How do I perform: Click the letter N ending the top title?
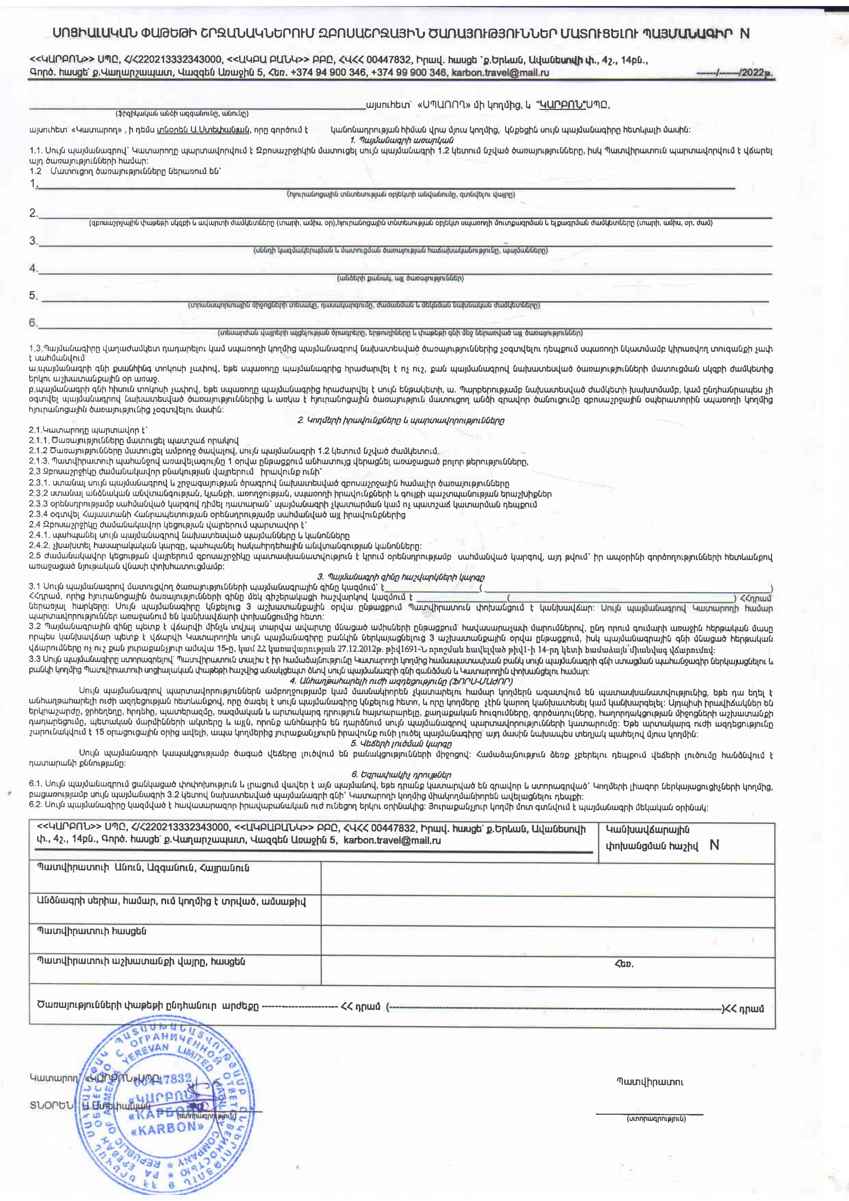744,34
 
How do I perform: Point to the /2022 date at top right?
756,73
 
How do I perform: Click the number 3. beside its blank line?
33,241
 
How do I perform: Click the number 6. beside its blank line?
33,323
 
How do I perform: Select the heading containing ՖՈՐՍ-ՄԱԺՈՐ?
401,681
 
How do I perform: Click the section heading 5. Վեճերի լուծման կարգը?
401,744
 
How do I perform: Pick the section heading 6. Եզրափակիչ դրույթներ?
401,775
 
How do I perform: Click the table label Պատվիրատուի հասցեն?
91,931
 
